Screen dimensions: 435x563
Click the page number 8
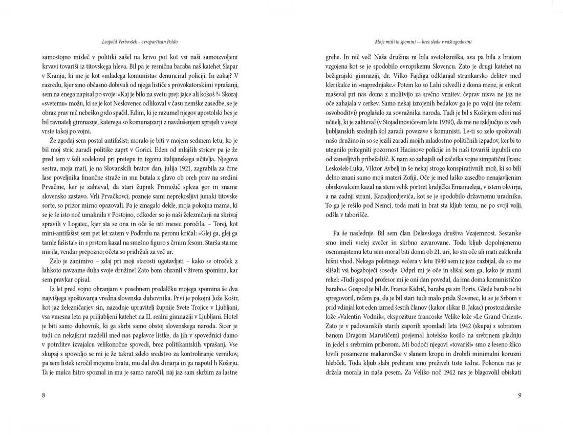44,396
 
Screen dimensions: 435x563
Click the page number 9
519,396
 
